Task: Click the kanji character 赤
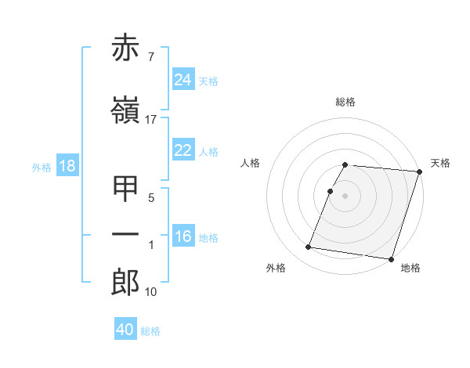click(126, 49)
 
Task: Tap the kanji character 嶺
click(126, 112)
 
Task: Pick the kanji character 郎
click(126, 283)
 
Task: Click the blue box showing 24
click(183, 80)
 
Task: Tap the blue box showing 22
click(183, 151)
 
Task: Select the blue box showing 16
click(183, 236)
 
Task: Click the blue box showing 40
click(125, 330)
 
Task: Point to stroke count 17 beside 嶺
click(151, 120)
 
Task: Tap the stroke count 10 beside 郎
click(151, 292)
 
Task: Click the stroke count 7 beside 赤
click(150, 57)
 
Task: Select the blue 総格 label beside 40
click(150, 331)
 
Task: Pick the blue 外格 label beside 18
click(42, 168)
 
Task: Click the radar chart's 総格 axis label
click(345, 102)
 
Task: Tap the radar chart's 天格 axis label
click(440, 163)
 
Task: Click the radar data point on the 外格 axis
click(309, 247)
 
